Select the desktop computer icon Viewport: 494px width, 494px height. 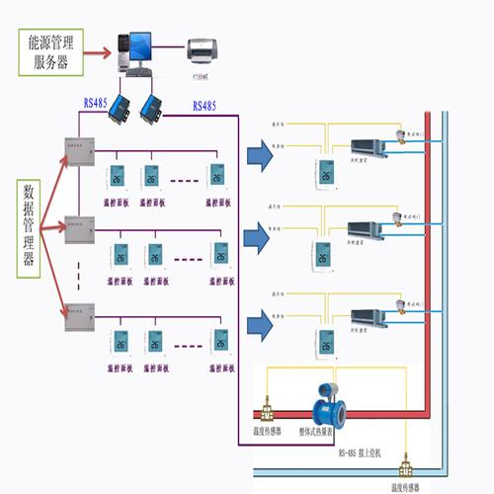[136, 49]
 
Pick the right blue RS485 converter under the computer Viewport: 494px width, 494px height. [153, 105]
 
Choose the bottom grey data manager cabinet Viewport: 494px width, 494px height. [78, 318]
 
